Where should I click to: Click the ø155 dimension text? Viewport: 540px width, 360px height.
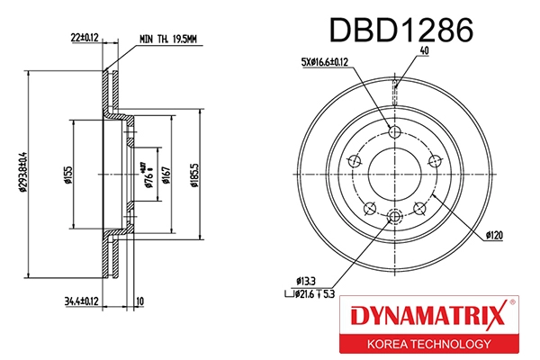[67, 174]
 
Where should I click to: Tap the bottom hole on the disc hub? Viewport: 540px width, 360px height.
[393, 216]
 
